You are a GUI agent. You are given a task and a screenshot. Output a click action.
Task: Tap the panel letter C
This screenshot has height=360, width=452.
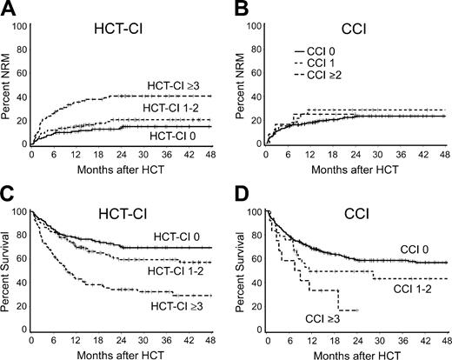click(x=8, y=194)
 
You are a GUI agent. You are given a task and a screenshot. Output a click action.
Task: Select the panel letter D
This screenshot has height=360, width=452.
click(x=240, y=194)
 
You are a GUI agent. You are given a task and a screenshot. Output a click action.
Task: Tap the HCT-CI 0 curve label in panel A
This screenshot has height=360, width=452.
click(x=163, y=137)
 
